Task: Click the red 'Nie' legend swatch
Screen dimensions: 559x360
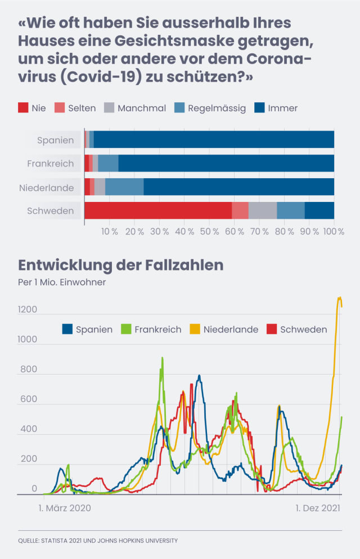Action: coord(24,108)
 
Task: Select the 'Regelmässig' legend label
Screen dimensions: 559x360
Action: coord(217,108)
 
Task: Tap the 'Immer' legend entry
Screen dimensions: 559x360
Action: coord(283,108)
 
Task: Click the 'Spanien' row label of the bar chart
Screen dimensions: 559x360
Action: coord(55,140)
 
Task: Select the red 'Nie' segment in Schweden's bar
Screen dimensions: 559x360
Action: coord(157,211)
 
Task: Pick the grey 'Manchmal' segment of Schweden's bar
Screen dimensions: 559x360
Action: coord(262,211)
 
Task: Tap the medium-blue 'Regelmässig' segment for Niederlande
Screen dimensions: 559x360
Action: coord(124,187)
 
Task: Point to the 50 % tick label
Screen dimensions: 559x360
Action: coord(209,232)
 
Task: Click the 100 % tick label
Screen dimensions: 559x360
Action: coord(334,232)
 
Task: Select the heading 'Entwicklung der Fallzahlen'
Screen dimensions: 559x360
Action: coord(121,265)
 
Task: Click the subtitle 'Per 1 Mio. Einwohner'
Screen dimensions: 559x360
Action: coord(62,282)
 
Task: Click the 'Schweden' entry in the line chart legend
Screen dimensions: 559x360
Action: coord(304,330)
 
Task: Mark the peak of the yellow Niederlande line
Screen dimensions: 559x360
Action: coord(339,297)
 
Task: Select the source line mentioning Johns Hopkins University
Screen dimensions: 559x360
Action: coord(98,540)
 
